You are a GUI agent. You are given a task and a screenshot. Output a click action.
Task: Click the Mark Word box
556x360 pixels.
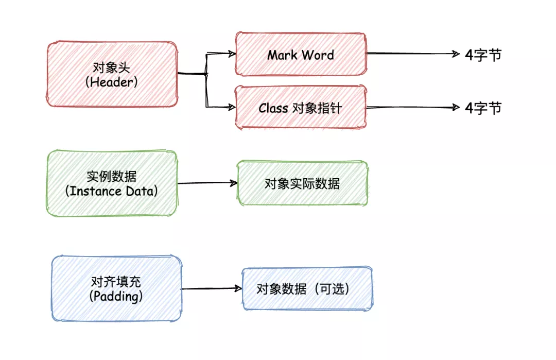coord(301,54)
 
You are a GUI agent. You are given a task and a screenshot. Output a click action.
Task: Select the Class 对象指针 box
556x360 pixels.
coord(301,107)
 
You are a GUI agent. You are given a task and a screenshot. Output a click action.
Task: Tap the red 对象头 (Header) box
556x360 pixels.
coord(112,74)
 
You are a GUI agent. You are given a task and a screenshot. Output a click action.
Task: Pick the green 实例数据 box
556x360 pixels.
coord(112,183)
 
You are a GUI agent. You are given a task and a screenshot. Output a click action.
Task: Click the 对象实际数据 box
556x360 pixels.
coord(302,183)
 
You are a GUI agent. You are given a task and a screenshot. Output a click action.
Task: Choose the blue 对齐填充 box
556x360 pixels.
coord(116,288)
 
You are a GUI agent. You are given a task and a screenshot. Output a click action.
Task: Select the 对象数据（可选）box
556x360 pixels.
coord(307,289)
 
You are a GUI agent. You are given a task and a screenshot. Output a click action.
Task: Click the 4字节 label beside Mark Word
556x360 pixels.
coord(483,55)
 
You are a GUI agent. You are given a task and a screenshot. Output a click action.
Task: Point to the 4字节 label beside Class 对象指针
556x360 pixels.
coord(483,108)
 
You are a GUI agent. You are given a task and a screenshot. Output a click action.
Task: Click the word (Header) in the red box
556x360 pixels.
coord(111,82)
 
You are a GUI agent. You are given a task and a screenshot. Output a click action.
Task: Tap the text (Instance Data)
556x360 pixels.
coord(111,191)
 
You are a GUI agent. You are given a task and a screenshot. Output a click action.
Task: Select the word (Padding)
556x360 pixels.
coord(116,297)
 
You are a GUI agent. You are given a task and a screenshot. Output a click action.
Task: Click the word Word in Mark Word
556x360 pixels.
coord(318,55)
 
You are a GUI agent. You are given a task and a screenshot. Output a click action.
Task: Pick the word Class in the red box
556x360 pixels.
coord(273,108)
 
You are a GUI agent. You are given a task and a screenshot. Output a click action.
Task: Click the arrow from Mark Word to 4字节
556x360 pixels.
coord(413,54)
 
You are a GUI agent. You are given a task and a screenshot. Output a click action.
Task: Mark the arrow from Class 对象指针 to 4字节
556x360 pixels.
coord(413,107)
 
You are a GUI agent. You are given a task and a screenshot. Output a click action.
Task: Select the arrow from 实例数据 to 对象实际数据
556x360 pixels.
coord(207,183)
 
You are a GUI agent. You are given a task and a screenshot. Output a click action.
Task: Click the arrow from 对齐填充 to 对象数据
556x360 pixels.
coord(212,288)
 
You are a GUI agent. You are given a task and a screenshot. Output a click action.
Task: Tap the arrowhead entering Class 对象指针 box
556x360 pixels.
coord(232,107)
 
